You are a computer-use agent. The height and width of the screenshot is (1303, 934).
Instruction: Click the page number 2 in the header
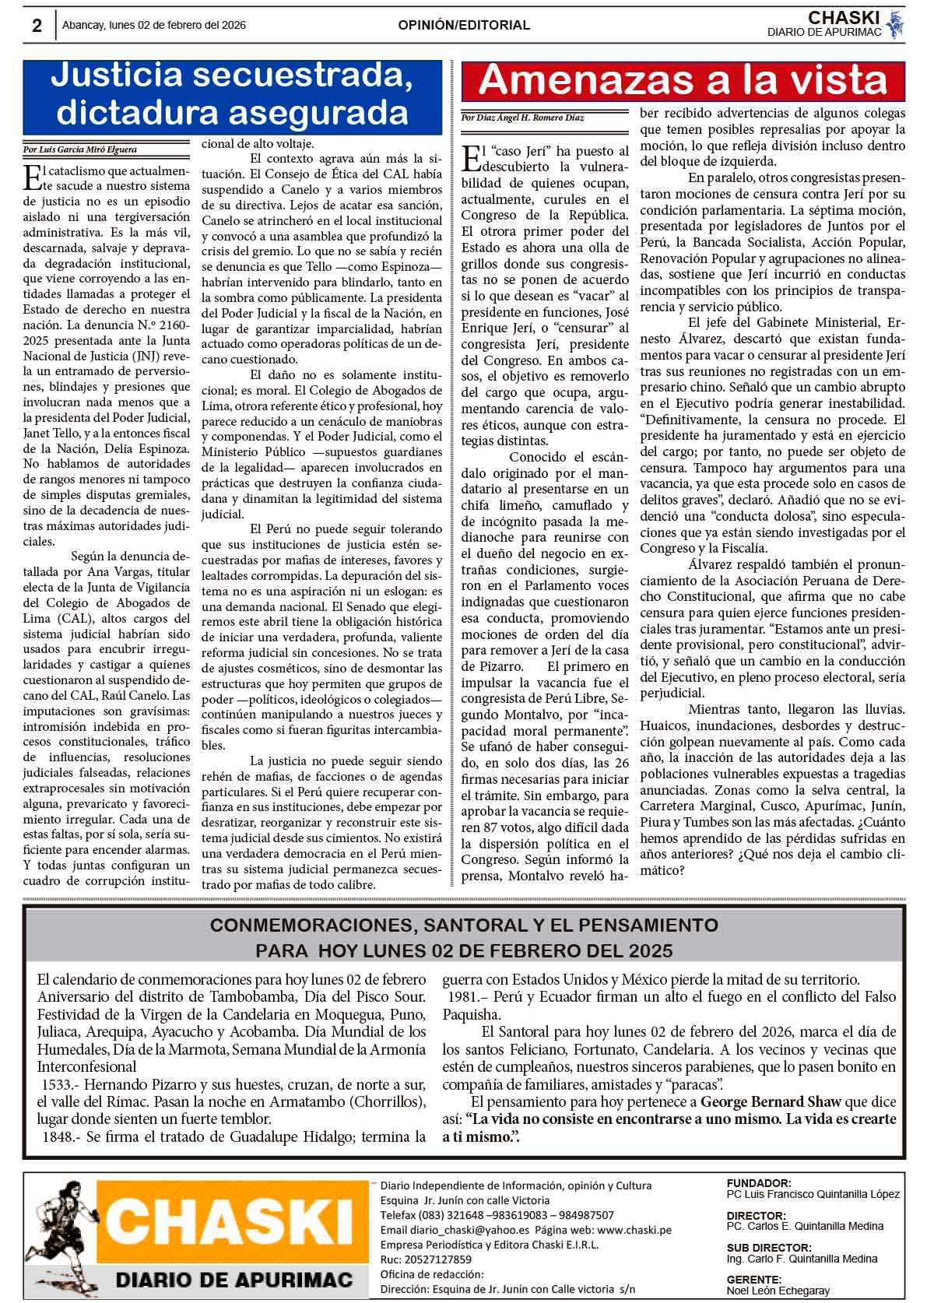click(37, 26)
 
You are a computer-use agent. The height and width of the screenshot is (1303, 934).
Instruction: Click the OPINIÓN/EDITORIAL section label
click(464, 25)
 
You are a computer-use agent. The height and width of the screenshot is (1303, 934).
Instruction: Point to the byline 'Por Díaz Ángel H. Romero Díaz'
click(522, 118)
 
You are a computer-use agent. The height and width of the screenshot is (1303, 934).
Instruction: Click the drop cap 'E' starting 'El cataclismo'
click(33, 176)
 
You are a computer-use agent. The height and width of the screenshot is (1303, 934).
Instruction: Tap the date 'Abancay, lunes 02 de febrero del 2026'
click(154, 25)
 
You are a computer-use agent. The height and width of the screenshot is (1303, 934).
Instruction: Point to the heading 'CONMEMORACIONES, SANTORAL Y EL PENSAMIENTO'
click(464, 925)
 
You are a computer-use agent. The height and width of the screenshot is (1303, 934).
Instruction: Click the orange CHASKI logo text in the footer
click(233, 1229)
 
